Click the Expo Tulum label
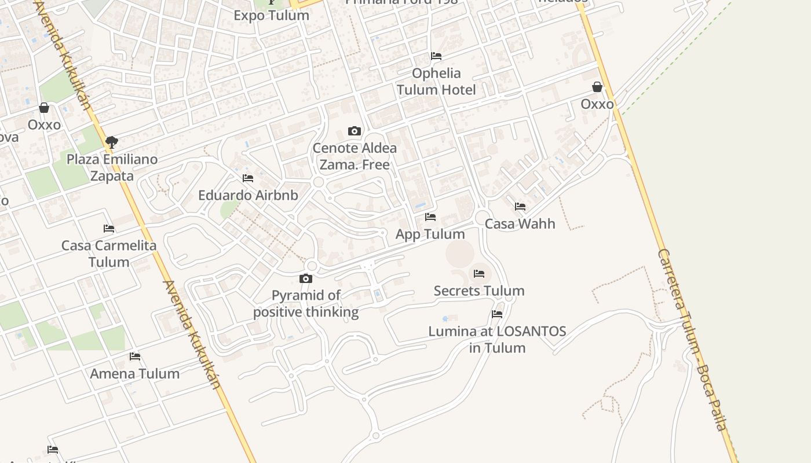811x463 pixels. point(271,15)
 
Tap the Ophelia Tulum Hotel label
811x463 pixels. point(436,82)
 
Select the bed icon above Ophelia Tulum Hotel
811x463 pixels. point(436,56)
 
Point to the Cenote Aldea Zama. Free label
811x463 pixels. point(355,156)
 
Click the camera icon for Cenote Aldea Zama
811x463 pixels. point(355,131)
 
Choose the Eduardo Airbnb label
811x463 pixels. point(248,195)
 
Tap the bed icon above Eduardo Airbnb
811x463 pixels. point(248,178)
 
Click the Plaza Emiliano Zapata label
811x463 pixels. point(112,167)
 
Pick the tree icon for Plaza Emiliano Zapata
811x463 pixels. point(112,142)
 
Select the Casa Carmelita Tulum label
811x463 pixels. point(109,253)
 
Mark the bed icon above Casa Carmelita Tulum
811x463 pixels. point(109,229)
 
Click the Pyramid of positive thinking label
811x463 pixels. point(306,304)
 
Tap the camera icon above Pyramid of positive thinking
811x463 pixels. point(306,279)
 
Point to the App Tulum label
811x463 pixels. point(430,234)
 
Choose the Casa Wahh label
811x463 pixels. point(520,223)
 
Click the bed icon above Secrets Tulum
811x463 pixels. point(479,274)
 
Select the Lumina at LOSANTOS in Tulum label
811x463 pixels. point(497,340)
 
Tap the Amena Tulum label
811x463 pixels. point(135,373)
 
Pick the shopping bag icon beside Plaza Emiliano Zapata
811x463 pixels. point(44,108)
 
